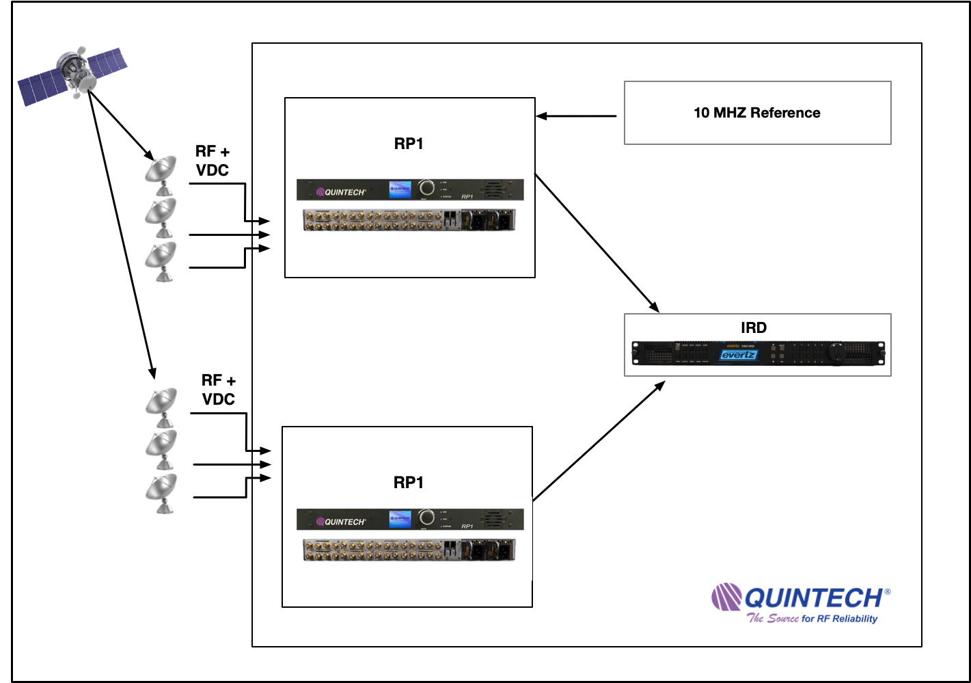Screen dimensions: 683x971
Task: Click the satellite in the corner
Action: [x=72, y=74]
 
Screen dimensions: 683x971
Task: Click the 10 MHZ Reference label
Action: [x=756, y=113]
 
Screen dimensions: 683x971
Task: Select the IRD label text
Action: [x=754, y=327]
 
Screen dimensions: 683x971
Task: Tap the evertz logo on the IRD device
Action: [x=738, y=355]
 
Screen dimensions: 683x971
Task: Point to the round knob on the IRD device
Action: [x=836, y=353]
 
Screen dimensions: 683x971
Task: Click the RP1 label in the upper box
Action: [x=409, y=144]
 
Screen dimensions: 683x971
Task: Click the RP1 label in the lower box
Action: [x=409, y=483]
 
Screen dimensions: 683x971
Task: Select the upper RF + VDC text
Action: [x=213, y=161]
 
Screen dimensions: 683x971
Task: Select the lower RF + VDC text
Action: [x=219, y=390]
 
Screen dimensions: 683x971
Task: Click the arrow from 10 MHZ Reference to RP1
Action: [x=576, y=116]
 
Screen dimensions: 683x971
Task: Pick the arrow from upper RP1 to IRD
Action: [x=596, y=243]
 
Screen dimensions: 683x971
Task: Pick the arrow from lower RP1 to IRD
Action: [x=599, y=442]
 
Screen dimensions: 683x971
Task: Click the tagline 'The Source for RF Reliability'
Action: [x=812, y=619]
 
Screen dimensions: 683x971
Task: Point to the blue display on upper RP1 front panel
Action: [x=400, y=189]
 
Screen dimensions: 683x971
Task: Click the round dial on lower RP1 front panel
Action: [x=426, y=518]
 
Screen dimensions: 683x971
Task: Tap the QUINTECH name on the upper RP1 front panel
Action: [x=344, y=192]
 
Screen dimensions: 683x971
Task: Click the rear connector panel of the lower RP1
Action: [x=409, y=550]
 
